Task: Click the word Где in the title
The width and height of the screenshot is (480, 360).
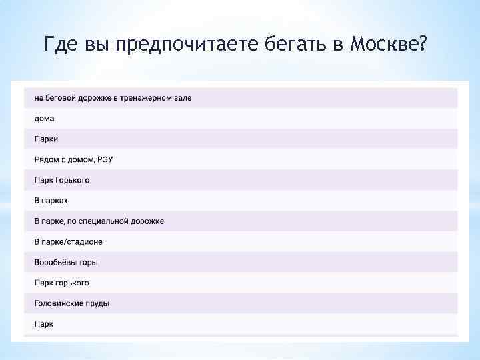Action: coord(61,45)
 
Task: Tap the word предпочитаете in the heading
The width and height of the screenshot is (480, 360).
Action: coord(182,45)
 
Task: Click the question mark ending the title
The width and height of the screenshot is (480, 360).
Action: coord(422,45)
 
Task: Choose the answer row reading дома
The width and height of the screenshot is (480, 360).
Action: coord(44,119)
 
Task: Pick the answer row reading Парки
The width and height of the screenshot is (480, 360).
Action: coord(46,139)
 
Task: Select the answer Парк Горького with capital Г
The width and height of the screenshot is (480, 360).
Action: coord(61,180)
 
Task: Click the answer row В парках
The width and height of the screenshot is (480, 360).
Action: coord(51,201)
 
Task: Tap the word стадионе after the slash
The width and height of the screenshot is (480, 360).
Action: coord(84,241)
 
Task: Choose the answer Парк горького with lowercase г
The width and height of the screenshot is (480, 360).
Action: coord(61,283)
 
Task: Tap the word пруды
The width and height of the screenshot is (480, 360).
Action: coord(97,303)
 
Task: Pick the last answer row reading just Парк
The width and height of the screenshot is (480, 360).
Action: coord(43,324)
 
